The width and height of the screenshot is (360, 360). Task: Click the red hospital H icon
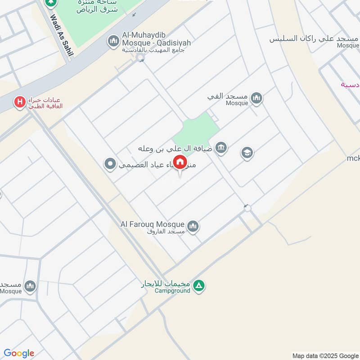click(x=20, y=103)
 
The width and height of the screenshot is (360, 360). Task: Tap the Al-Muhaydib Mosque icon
click(x=113, y=42)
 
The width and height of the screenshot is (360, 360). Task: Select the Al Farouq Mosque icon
click(x=193, y=226)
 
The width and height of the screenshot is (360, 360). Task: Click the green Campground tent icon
click(x=199, y=285)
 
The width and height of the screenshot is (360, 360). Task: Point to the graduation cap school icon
click(x=247, y=153)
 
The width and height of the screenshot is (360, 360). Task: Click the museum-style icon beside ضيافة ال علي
click(x=221, y=147)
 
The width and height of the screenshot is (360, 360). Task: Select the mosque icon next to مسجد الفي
click(x=256, y=98)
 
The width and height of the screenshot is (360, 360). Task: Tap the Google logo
click(x=19, y=353)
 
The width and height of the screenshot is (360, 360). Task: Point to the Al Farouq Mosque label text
click(x=152, y=224)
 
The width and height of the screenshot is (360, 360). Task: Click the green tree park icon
click(x=50, y=2)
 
